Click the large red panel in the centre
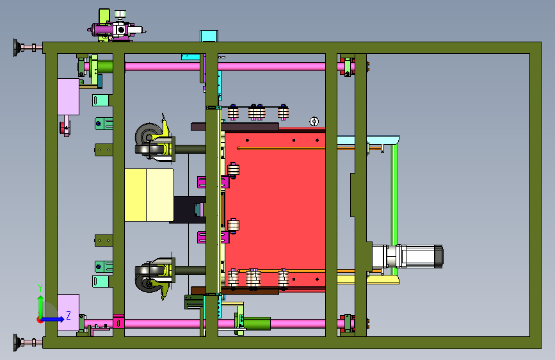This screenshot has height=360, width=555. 275,209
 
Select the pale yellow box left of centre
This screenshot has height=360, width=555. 149,195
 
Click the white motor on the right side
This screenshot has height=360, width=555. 407,256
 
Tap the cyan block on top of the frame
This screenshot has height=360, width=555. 209,36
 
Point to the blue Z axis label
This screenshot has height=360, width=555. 68,315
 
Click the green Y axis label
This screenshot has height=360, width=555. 40,288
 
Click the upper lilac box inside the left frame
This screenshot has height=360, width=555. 68,97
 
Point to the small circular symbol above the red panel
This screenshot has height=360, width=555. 314,122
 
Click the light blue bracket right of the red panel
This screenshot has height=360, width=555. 368,140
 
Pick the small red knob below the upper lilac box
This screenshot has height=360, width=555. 65,127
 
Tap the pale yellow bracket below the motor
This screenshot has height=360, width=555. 368,280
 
